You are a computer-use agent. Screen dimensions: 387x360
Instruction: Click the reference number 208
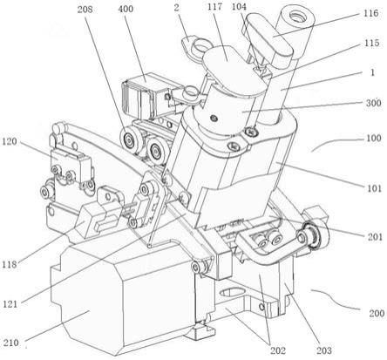tap(85, 10)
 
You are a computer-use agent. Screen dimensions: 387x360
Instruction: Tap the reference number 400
tap(126, 9)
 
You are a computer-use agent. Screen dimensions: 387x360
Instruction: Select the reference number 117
tap(214, 7)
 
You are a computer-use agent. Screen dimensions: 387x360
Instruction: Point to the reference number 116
tap(370, 13)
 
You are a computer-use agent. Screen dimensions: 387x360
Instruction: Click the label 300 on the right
tap(373, 103)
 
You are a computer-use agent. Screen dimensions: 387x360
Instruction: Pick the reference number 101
tap(373, 188)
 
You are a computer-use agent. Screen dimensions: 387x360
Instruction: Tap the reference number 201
tap(375, 237)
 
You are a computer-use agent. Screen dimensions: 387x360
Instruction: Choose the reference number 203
tap(323, 350)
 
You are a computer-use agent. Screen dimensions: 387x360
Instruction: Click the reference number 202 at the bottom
tap(278, 350)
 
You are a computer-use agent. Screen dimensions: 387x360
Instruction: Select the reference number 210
tap(10, 343)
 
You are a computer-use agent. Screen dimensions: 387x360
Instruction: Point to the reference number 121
tap(10, 304)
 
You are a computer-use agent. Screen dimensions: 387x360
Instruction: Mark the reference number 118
tap(10, 264)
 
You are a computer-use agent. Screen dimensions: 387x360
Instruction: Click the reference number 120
tap(10, 142)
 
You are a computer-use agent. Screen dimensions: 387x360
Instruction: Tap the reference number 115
tap(372, 43)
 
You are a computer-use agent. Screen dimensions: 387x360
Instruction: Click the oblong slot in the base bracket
tap(233, 291)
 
